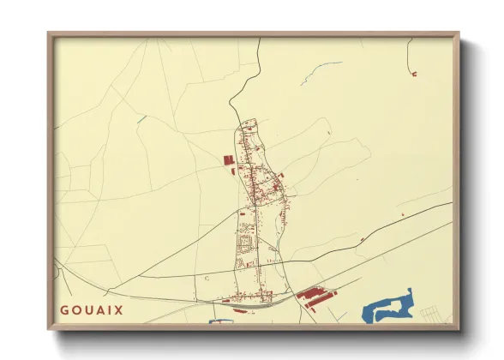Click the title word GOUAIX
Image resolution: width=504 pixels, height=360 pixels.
pos(92,309)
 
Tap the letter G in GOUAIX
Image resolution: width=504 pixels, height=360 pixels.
pos(64,309)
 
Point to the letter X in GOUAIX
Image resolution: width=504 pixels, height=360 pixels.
pos(119,309)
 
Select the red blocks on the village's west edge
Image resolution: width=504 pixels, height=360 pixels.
pos(228,160)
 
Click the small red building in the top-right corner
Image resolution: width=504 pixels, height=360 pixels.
pos(414,74)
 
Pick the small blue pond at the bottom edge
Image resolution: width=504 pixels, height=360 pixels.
pos(221,321)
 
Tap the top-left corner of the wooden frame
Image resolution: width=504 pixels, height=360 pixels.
pos(50,35)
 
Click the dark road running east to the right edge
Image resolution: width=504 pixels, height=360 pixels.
pos(394,225)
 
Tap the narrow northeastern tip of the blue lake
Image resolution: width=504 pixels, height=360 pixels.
pos(410,291)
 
